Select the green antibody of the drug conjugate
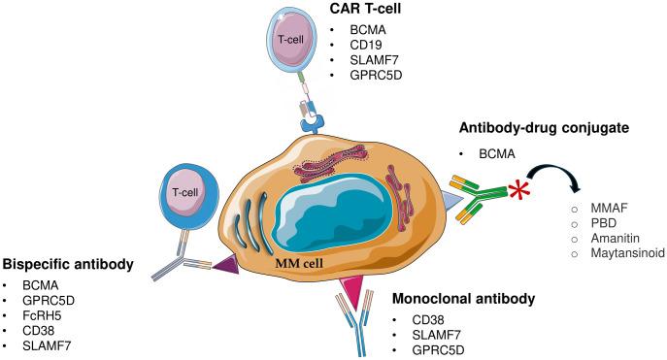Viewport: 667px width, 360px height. coord(490,192)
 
